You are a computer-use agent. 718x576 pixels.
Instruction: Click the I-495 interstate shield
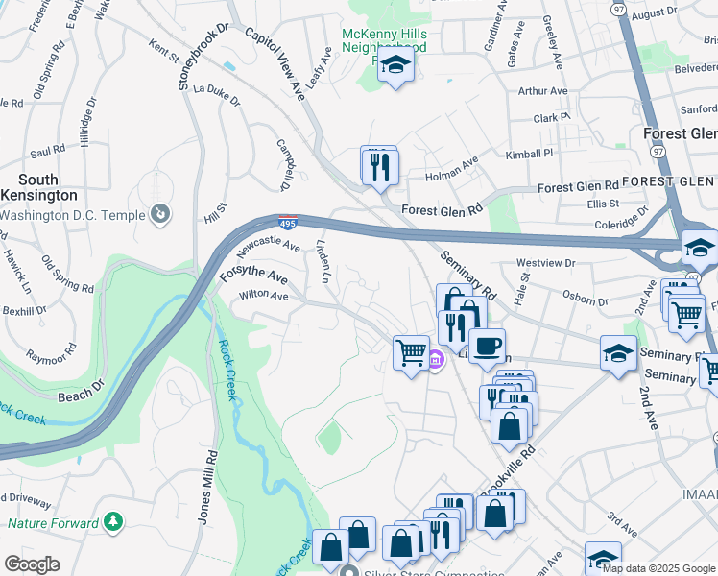tap(289, 223)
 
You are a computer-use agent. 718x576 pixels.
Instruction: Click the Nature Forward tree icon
tap(114, 522)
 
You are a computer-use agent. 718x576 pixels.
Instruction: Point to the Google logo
tap(31, 564)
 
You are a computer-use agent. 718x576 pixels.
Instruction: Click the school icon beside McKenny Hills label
tap(394, 66)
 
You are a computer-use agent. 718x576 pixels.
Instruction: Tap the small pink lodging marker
tap(435, 361)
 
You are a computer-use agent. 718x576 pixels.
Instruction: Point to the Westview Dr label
tap(545, 262)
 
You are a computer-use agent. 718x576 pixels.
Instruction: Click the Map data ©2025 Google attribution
tap(658, 568)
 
